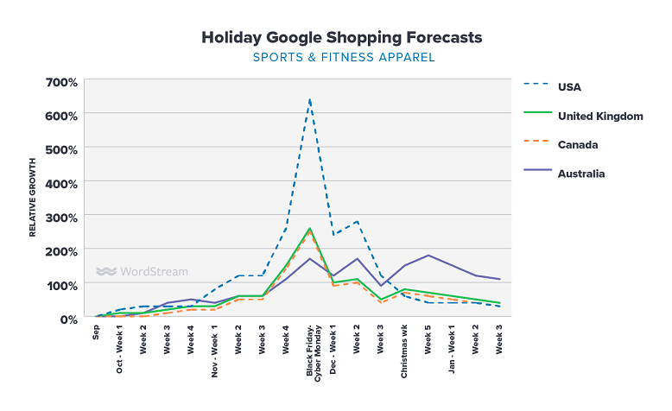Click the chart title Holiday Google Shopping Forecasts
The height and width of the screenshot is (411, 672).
[x=342, y=38]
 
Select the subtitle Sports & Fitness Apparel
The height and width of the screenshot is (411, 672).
[x=343, y=58]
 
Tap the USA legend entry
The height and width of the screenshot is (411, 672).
[x=571, y=86]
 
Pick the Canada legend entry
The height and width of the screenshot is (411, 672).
[x=578, y=144]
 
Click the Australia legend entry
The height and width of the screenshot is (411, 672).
[x=581, y=174]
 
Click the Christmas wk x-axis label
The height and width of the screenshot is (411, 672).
[x=404, y=351]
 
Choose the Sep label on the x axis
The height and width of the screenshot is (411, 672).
[x=97, y=333]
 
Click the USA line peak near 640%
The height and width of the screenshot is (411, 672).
[x=309, y=99]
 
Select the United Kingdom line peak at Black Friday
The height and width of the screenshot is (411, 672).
[x=309, y=229]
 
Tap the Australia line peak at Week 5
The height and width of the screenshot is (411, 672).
[x=428, y=256]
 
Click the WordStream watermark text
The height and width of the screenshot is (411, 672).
[x=152, y=271]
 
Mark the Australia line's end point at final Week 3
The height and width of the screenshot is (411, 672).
[x=499, y=279]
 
